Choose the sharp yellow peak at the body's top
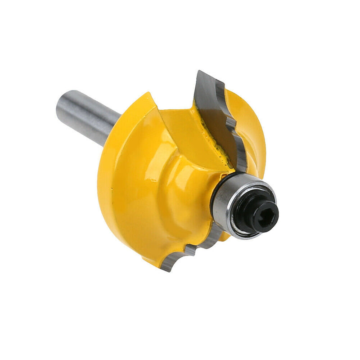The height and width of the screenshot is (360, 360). (x=149, y=94)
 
